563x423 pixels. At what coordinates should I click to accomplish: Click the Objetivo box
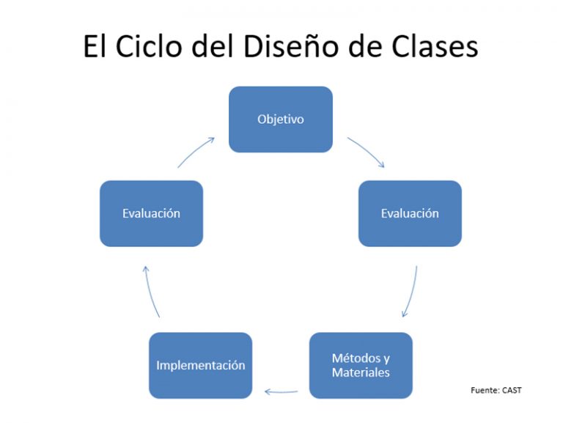tap(281, 119)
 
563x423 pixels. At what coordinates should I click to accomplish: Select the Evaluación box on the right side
tap(410, 213)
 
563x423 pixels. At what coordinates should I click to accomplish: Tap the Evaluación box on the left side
tap(151, 213)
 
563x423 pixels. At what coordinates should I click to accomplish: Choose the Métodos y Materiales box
tap(361, 365)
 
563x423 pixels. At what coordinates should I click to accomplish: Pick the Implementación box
tap(200, 365)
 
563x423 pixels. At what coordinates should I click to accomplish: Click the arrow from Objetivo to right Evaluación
tap(367, 151)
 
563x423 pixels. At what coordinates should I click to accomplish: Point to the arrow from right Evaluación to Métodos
tap(411, 293)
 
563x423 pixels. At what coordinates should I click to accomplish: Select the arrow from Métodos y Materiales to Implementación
tap(281, 391)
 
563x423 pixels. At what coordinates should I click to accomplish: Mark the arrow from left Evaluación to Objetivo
tap(196, 150)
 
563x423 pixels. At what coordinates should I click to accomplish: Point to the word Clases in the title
tap(435, 47)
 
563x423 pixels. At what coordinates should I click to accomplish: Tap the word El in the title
tap(95, 47)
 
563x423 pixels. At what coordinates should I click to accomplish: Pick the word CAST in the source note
tap(512, 390)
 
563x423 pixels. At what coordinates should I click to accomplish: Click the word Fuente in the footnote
tap(485, 390)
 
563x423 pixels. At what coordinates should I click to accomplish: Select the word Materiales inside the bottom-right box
tap(361, 372)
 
